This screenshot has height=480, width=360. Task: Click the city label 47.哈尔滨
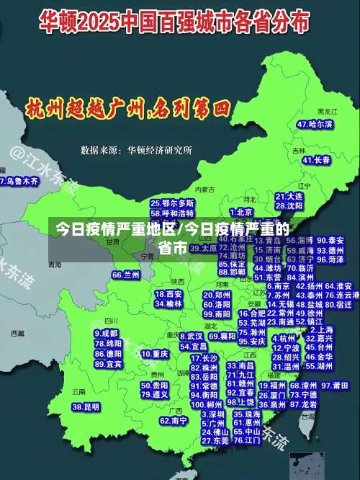pyautogui.click(x=315, y=125)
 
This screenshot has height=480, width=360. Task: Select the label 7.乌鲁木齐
pyautogui.click(x=19, y=182)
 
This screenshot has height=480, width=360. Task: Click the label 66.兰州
pyautogui.click(x=126, y=275)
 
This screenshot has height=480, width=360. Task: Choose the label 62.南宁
pyautogui.click(x=174, y=420)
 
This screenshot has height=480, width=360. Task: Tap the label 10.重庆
pyautogui.click(x=155, y=355)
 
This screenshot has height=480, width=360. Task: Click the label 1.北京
pyautogui.click(x=241, y=212)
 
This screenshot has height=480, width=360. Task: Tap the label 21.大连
pyautogui.click(x=289, y=196)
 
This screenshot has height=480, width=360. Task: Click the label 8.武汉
pyautogui.click(x=191, y=337)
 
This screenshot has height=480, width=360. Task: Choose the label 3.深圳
pyautogui.click(x=213, y=415)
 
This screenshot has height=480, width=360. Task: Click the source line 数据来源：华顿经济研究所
pyautogui.click(x=136, y=151)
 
